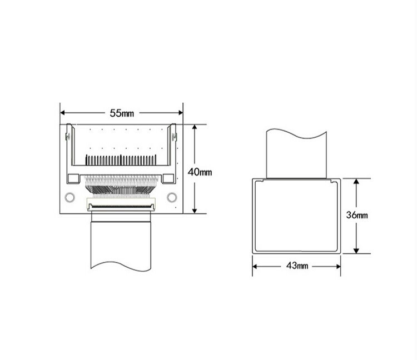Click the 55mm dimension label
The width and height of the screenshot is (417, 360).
pyautogui.click(x=122, y=113)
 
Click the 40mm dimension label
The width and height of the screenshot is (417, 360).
pyautogui.click(x=200, y=172)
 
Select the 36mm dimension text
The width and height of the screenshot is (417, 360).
pyautogui.click(x=357, y=215)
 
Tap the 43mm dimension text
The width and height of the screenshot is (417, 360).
pyautogui.click(x=297, y=266)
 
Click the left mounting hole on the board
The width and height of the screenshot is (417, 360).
pyautogui.click(x=69, y=197)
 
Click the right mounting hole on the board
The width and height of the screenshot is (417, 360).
pyautogui.click(x=172, y=197)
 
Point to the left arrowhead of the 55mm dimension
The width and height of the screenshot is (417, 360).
pyautogui.click(x=63, y=113)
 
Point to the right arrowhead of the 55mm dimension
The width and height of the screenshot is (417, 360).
pyautogui.click(x=181, y=113)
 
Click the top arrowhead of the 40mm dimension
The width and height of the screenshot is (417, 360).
pyautogui.click(x=195, y=127)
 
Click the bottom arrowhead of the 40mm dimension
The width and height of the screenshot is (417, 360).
pyautogui.click(x=195, y=211)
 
